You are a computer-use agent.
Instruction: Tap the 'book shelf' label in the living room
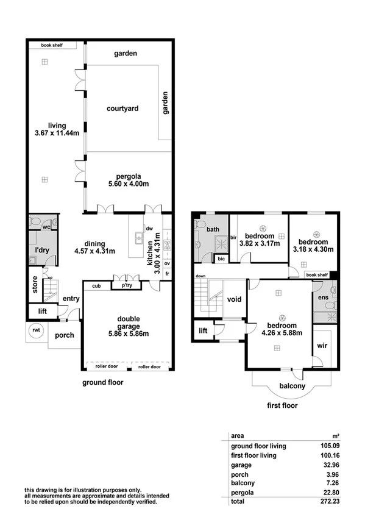click(54, 45)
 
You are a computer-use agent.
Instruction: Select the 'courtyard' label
click(122, 109)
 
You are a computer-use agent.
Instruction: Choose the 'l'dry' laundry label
click(42, 250)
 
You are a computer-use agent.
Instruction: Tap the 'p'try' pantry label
click(127, 285)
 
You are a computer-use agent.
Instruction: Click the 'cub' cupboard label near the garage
click(96, 285)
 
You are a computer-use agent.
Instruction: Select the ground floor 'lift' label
click(41, 311)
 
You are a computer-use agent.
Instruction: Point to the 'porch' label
click(65, 335)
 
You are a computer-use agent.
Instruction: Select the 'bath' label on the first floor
click(213, 230)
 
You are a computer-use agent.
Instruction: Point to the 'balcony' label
click(292, 387)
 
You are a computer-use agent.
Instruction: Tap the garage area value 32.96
click(330, 465)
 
